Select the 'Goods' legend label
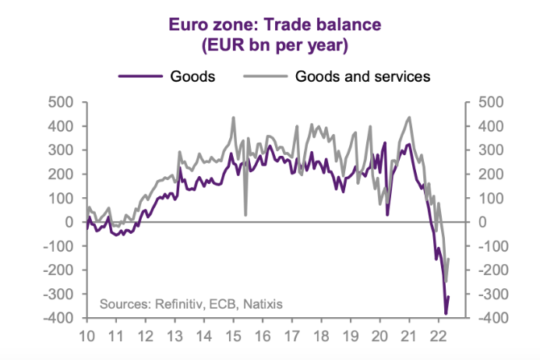(192, 76)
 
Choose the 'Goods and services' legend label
(362, 76)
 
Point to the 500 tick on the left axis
(62, 101)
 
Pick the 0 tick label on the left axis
(69, 222)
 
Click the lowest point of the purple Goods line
(446, 313)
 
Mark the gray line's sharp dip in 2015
(245, 214)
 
